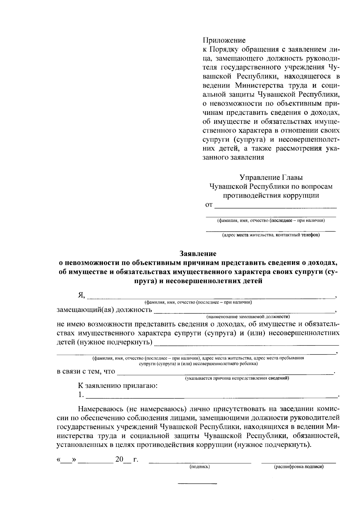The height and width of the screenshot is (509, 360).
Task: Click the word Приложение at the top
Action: (x=224, y=40)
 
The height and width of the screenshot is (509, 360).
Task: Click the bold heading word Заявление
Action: (x=198, y=254)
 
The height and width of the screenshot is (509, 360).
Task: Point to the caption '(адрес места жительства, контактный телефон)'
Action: (x=271, y=235)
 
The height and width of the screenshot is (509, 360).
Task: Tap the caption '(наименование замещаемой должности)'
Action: (x=248, y=317)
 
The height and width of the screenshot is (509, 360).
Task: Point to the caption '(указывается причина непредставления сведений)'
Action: (x=237, y=378)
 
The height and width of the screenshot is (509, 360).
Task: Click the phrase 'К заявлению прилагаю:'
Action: (x=118, y=386)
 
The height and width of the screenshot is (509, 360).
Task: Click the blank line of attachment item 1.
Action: (x=211, y=397)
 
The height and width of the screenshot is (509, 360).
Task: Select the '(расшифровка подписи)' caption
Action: (x=299, y=467)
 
